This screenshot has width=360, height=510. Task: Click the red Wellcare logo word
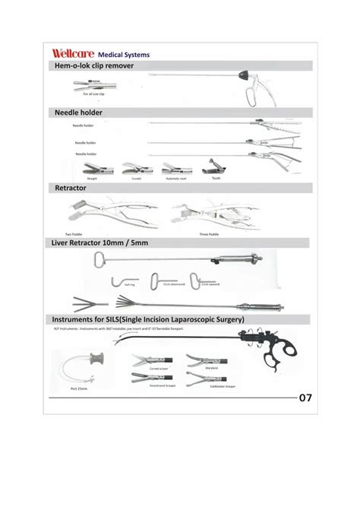point(74,54)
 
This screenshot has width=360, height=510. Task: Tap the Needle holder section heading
point(78,112)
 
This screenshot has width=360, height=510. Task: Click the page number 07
point(305,397)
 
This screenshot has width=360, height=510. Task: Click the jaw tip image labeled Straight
point(92,168)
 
